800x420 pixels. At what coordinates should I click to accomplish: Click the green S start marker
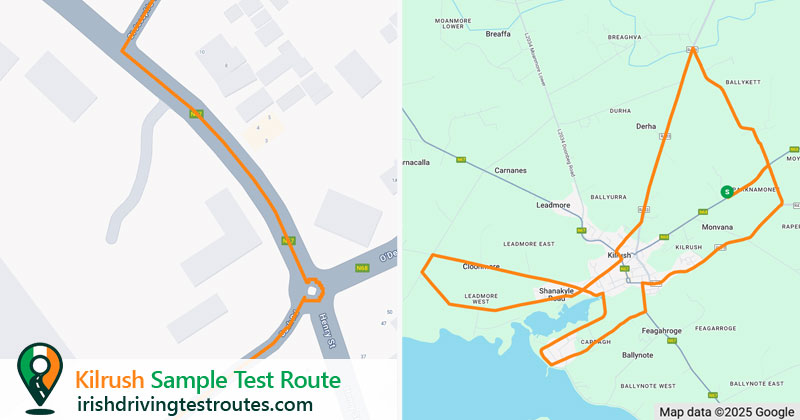click(726, 191)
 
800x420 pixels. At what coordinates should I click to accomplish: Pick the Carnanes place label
click(515, 171)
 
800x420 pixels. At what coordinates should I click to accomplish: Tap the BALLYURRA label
click(609, 197)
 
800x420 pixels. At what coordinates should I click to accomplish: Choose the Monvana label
click(717, 228)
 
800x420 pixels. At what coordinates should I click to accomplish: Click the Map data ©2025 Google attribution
click(726, 411)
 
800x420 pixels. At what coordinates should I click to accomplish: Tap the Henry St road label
click(328, 332)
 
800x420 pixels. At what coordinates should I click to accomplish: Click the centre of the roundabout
click(313, 291)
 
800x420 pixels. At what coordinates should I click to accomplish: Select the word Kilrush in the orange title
click(111, 381)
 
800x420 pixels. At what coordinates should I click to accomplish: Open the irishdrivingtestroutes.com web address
click(194, 404)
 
